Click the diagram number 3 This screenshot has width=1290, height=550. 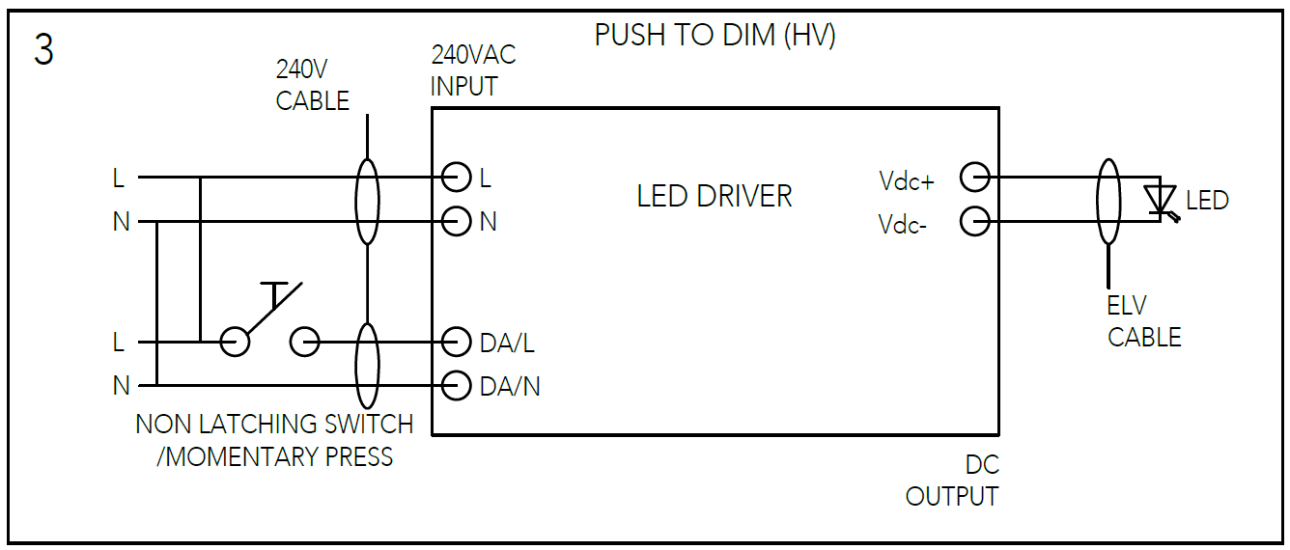point(43,50)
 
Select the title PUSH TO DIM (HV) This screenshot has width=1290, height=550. point(715,36)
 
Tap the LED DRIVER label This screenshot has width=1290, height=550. point(714,196)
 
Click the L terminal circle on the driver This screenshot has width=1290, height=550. point(456,178)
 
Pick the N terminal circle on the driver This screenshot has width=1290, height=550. point(456,222)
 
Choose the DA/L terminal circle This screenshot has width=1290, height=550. point(456,342)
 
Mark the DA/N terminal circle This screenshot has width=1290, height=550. point(456,386)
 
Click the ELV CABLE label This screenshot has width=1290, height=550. point(1143,321)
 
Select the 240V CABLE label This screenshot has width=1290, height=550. point(312,85)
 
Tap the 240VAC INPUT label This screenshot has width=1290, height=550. point(473,70)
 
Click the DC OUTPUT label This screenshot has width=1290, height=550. point(952,481)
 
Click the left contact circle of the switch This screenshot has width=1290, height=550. point(235,342)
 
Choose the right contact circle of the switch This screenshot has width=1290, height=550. point(305,342)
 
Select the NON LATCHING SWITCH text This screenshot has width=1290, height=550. point(274,424)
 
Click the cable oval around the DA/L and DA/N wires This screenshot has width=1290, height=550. point(367,365)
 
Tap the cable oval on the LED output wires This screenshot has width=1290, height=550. point(1108,201)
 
